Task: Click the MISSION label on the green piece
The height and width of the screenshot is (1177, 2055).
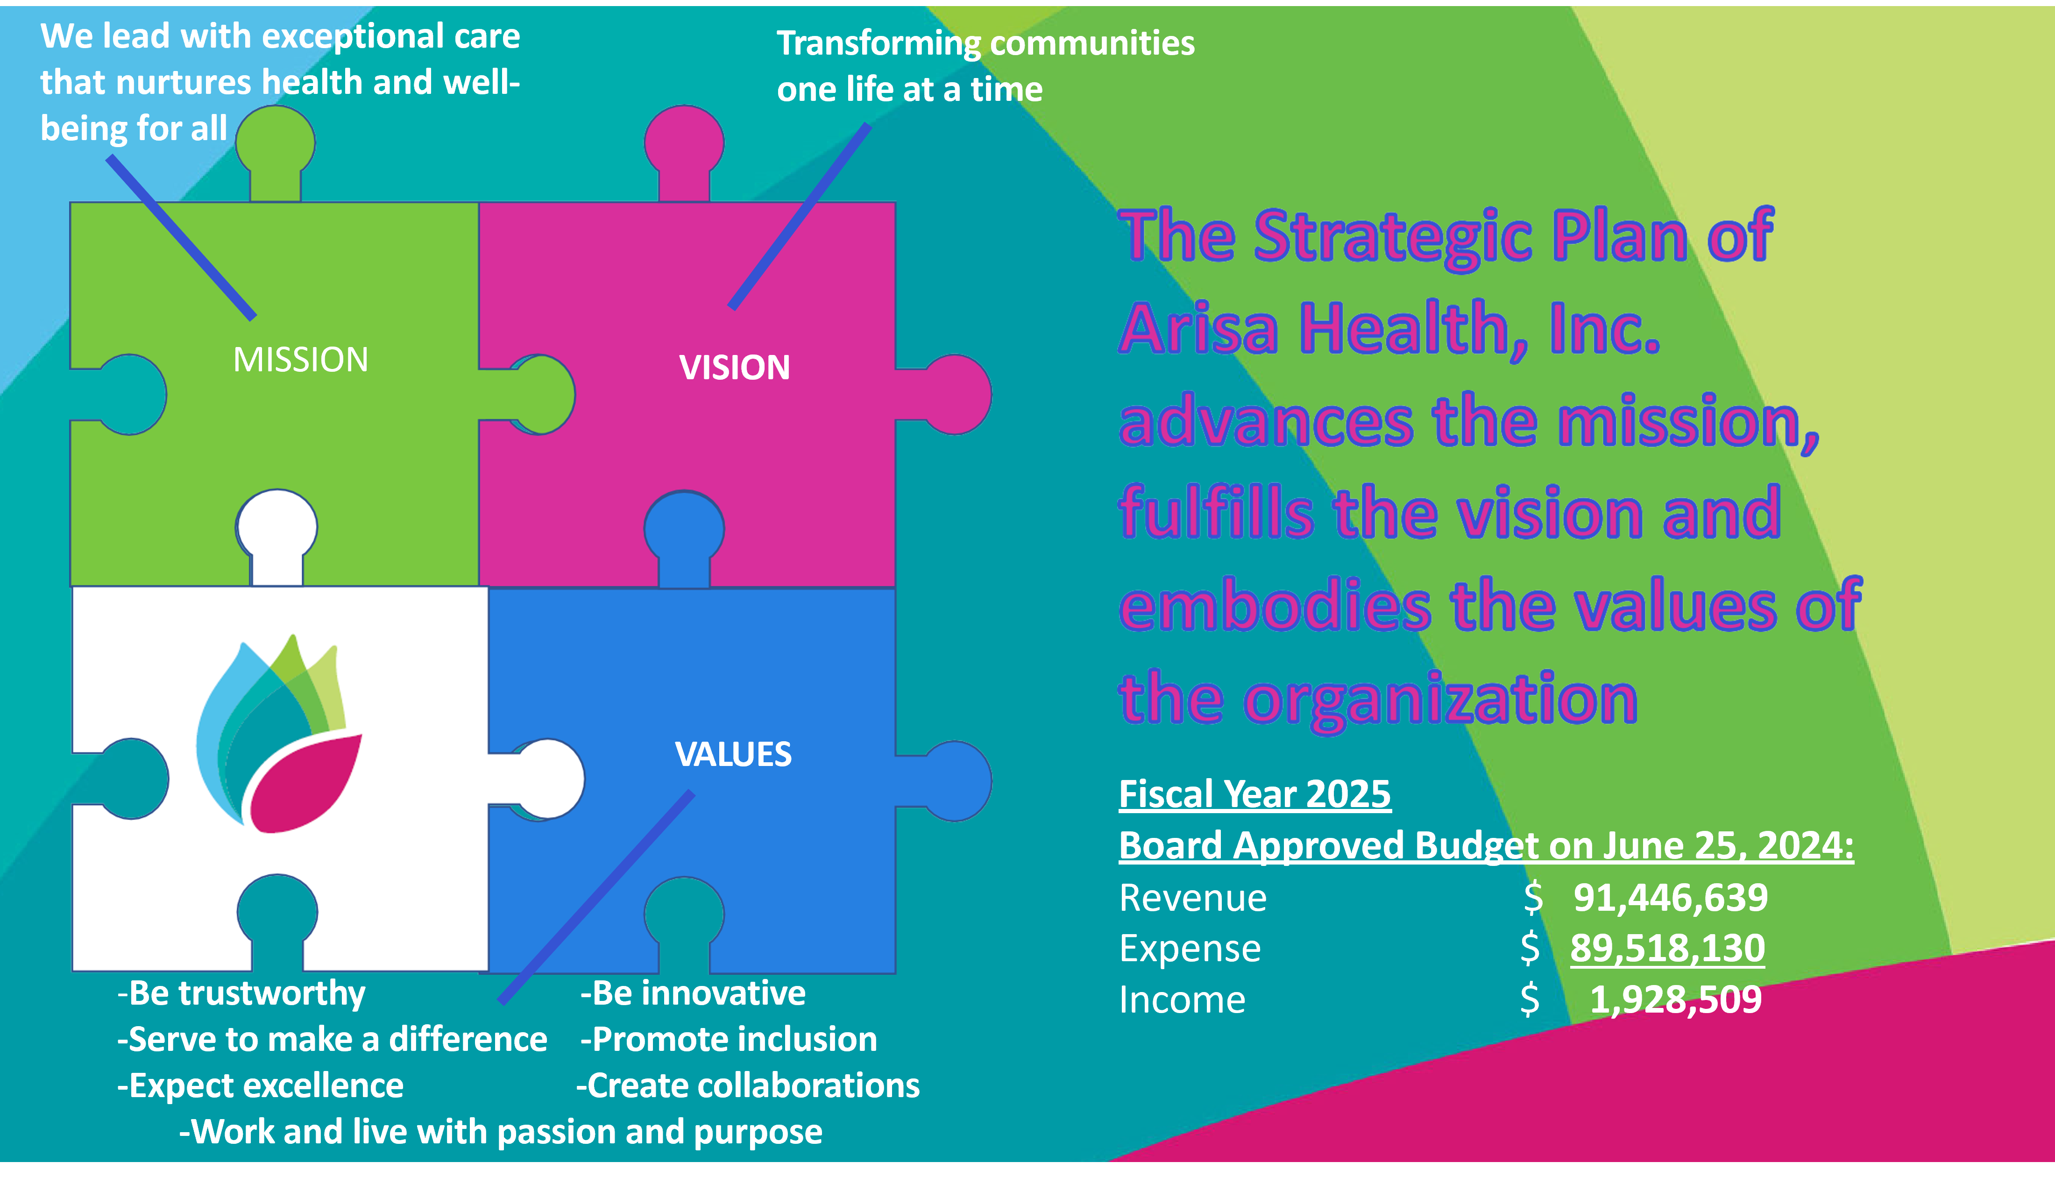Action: click(x=301, y=360)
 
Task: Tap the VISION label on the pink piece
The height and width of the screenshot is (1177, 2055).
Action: click(x=734, y=368)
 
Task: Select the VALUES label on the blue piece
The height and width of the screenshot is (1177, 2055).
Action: click(x=733, y=754)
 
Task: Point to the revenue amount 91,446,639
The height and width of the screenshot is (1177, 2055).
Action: click(x=1670, y=897)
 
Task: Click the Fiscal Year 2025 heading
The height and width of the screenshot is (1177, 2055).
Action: click(x=1254, y=794)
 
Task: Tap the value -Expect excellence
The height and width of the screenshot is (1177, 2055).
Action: click(x=260, y=1085)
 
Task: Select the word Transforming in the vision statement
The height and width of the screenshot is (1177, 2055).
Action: click(x=879, y=43)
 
